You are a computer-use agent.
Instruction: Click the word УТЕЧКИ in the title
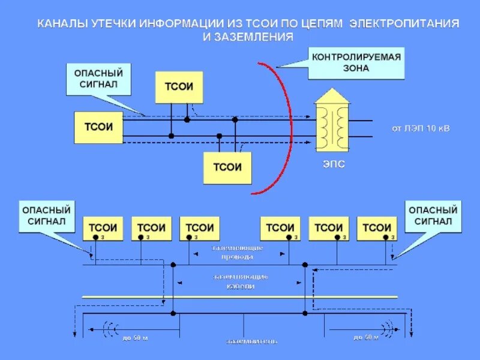pyautogui.click(x=113, y=24)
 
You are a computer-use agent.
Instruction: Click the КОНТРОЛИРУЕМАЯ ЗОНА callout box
pyautogui.click(x=356, y=62)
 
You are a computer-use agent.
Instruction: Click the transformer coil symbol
pyautogui.click(x=332, y=126)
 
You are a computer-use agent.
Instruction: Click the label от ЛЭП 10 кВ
pyautogui.click(x=420, y=128)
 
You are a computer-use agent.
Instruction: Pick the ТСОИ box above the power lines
pyautogui.click(x=179, y=86)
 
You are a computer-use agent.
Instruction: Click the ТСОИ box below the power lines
pyautogui.click(x=227, y=167)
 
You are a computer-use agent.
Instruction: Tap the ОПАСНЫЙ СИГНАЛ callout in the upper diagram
pyautogui.click(x=98, y=79)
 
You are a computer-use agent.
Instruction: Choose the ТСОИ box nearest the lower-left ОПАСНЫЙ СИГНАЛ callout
pyautogui.click(x=103, y=228)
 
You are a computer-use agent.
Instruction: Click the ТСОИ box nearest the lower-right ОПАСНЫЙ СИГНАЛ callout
pyautogui.click(x=377, y=228)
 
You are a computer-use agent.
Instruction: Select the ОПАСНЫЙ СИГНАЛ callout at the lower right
pyautogui.click(x=433, y=216)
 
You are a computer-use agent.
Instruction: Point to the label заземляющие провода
pyautogui.click(x=238, y=252)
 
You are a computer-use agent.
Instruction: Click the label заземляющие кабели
pyautogui.click(x=239, y=281)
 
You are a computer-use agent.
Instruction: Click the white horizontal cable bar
pyautogui.click(x=240, y=296)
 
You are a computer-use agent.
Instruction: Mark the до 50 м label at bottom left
pyautogui.click(x=135, y=338)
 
